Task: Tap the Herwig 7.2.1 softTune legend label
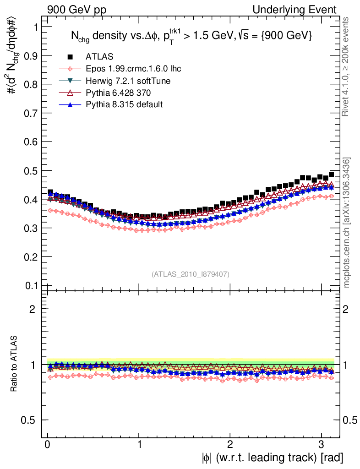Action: pos(128,81)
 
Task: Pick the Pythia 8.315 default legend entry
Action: pos(124,104)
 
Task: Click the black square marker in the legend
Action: pos(70,57)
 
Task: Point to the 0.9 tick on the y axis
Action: pos(30,55)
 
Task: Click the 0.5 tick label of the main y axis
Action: pos(30,170)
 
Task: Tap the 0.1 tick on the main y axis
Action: pos(30,285)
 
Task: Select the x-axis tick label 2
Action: pos(230,444)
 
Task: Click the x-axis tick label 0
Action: pos(48,444)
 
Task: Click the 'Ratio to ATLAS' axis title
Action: pos(14,364)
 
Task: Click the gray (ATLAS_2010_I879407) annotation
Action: pos(191,274)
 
